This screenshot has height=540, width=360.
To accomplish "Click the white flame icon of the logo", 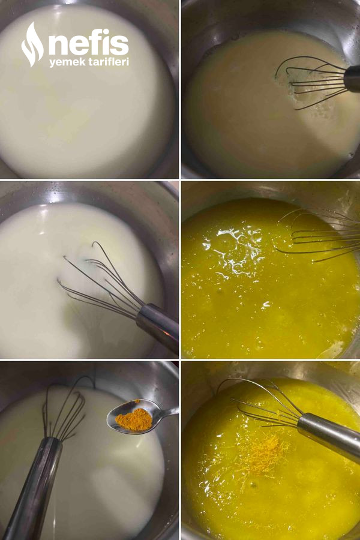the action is click(32, 44).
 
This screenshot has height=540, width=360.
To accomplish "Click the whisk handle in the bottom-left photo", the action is click(33, 489).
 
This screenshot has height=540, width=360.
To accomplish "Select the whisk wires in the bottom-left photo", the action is click(65, 410).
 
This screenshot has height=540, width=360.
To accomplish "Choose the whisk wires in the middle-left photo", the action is click(100, 279).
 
